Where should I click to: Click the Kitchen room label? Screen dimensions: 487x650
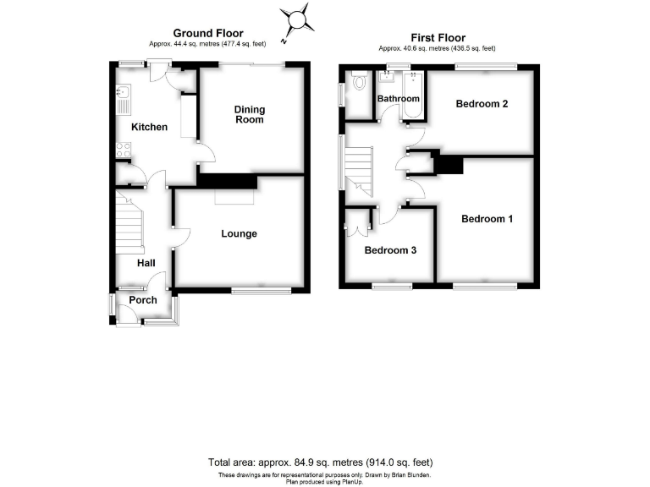(x=149, y=128)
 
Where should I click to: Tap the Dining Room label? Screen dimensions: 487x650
(x=250, y=115)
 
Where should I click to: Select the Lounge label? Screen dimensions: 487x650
(x=240, y=234)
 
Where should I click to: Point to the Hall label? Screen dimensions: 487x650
(x=146, y=264)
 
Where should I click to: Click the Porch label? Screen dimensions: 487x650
(x=143, y=300)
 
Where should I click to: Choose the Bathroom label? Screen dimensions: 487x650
(x=399, y=99)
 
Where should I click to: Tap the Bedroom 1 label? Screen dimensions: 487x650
(x=487, y=219)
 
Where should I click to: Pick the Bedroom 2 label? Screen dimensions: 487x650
(x=482, y=105)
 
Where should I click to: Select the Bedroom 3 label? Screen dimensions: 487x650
(x=390, y=251)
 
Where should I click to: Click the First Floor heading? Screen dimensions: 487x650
(x=438, y=38)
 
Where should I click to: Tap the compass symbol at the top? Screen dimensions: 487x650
(x=297, y=20)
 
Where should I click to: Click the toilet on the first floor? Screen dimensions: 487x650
(x=359, y=83)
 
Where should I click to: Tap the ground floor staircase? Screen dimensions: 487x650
(x=131, y=224)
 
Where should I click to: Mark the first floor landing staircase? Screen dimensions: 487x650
(x=359, y=168)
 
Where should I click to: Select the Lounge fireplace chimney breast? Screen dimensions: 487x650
(x=227, y=181)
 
